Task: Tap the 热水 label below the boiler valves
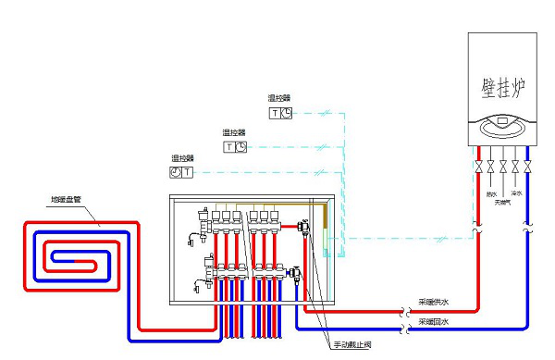(x=491, y=193)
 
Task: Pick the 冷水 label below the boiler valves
(x=516, y=193)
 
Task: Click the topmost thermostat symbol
(x=280, y=113)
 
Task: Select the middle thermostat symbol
(x=235, y=146)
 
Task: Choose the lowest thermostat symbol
(x=181, y=172)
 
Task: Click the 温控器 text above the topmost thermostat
(x=279, y=97)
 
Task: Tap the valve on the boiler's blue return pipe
(x=526, y=168)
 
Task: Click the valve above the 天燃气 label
(x=503, y=168)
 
